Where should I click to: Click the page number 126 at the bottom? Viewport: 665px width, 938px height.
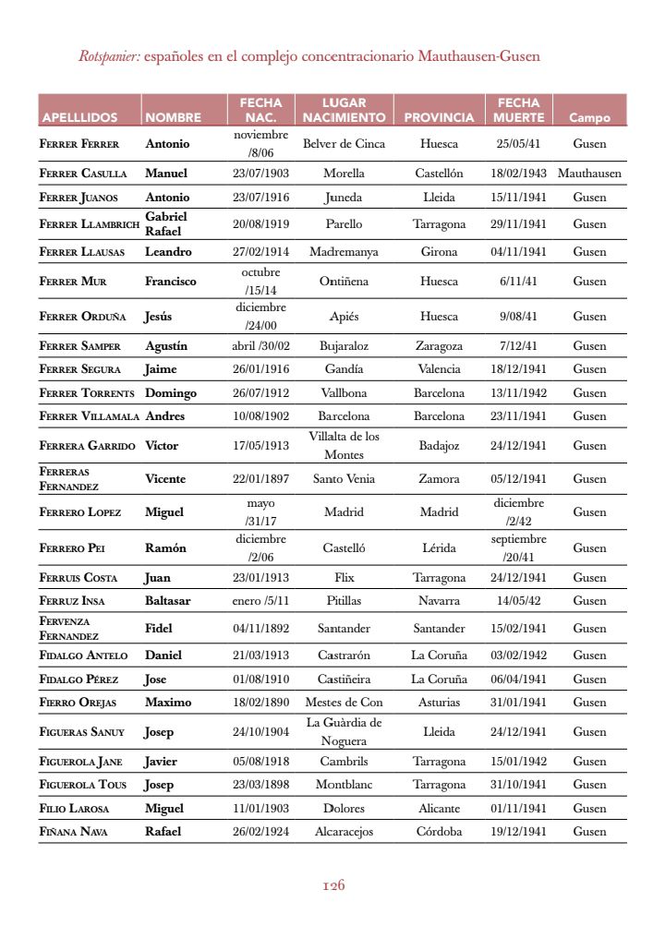coord(333,885)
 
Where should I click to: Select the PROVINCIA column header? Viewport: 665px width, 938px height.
coord(439,118)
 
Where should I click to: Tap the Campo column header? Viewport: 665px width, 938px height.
coord(589,118)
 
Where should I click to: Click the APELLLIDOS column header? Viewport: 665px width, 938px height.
coord(79,118)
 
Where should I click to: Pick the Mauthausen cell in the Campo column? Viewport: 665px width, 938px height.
coord(589,173)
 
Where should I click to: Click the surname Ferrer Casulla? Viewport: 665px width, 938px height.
coord(81,173)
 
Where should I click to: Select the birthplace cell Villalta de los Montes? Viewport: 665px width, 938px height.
coord(344,445)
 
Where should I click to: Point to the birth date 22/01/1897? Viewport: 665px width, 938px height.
coord(260,479)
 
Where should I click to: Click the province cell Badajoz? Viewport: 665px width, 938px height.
coord(439,445)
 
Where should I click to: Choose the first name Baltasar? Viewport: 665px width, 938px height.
coord(168,601)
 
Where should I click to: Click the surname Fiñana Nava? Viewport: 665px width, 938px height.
coord(74,832)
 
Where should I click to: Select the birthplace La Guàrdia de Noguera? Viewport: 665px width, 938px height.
coord(344,732)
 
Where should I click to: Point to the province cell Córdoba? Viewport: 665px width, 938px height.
coord(439,832)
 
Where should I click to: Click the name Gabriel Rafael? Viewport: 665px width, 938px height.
coord(166,223)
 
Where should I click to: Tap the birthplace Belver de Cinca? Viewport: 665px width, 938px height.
coord(344,144)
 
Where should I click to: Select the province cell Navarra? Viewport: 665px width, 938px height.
coord(439,601)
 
